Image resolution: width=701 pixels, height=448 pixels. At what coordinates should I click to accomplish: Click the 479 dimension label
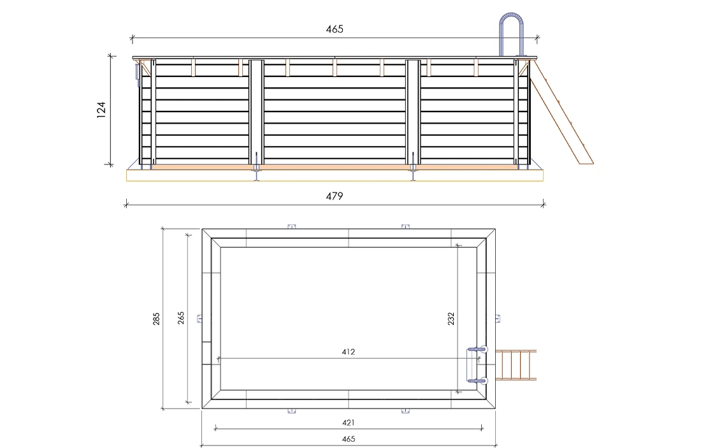[335, 196]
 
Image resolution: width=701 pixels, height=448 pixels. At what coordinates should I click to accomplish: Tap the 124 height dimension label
[101, 110]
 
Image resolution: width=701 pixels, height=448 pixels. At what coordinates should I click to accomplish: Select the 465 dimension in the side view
[335, 29]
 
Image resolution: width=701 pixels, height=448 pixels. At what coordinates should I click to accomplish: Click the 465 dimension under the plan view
[348, 439]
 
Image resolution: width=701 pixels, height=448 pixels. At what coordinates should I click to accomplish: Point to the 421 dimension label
[348, 423]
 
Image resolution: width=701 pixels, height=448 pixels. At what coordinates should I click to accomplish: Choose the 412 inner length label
[348, 352]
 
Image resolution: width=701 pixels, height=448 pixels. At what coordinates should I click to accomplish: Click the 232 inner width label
[451, 319]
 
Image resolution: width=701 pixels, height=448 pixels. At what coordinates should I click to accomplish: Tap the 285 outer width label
[156, 319]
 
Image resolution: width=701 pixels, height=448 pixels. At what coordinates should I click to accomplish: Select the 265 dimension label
[180, 319]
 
